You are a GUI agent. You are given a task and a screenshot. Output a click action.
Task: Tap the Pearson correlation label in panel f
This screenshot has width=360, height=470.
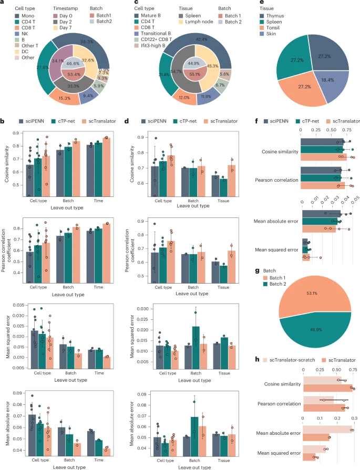[x=278, y=180]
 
